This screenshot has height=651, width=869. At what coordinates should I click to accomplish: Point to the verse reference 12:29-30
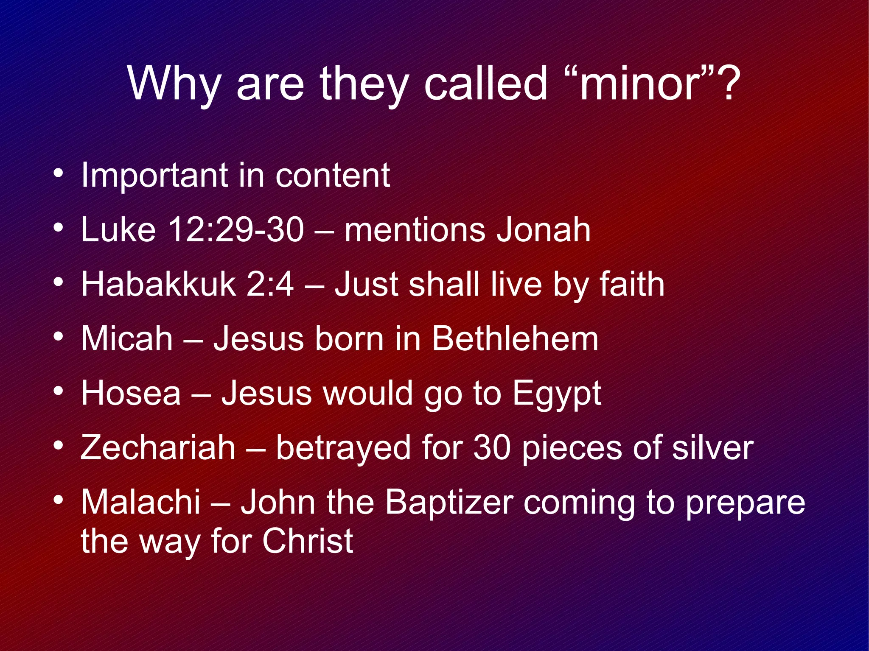(x=236, y=230)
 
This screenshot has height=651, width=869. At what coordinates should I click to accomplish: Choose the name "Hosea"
(x=131, y=393)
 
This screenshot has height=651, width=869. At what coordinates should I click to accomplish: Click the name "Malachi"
(x=140, y=502)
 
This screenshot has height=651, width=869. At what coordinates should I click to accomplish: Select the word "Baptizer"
(x=449, y=503)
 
